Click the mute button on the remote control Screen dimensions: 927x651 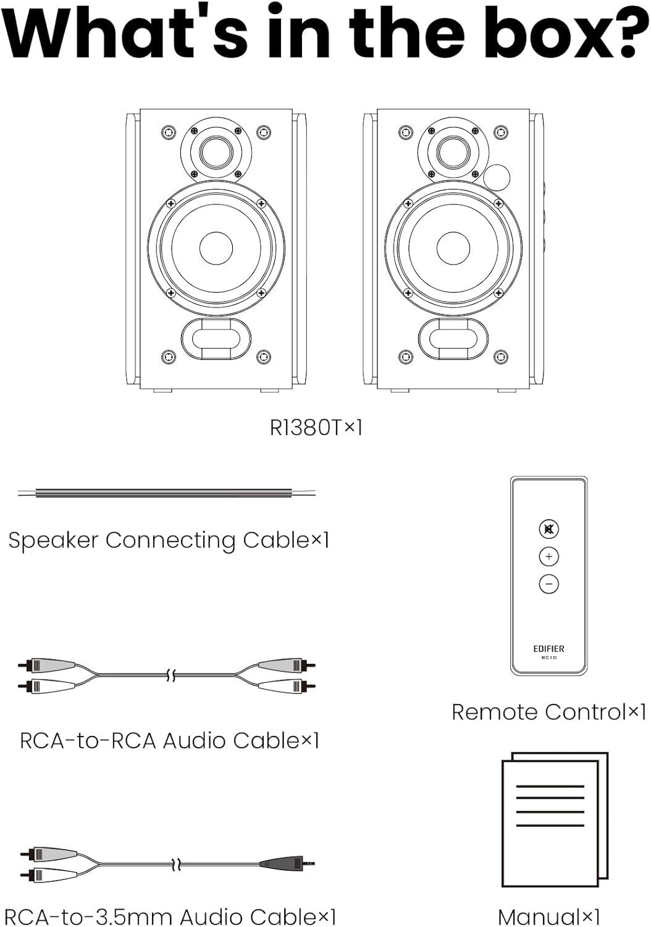tap(548, 529)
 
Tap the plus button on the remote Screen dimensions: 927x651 tap(548, 557)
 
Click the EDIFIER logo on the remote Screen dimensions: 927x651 tap(548, 648)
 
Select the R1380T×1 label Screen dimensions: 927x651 tap(316, 427)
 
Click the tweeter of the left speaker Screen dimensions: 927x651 tap(216, 151)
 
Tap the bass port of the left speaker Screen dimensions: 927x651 tap(216, 339)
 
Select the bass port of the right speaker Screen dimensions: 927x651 tap(453, 339)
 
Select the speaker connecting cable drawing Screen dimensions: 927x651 tap(167, 493)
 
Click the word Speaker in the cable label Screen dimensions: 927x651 tap(53, 541)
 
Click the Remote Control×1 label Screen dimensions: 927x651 tap(548, 712)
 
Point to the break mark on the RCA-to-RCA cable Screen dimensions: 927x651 tap(172, 675)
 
